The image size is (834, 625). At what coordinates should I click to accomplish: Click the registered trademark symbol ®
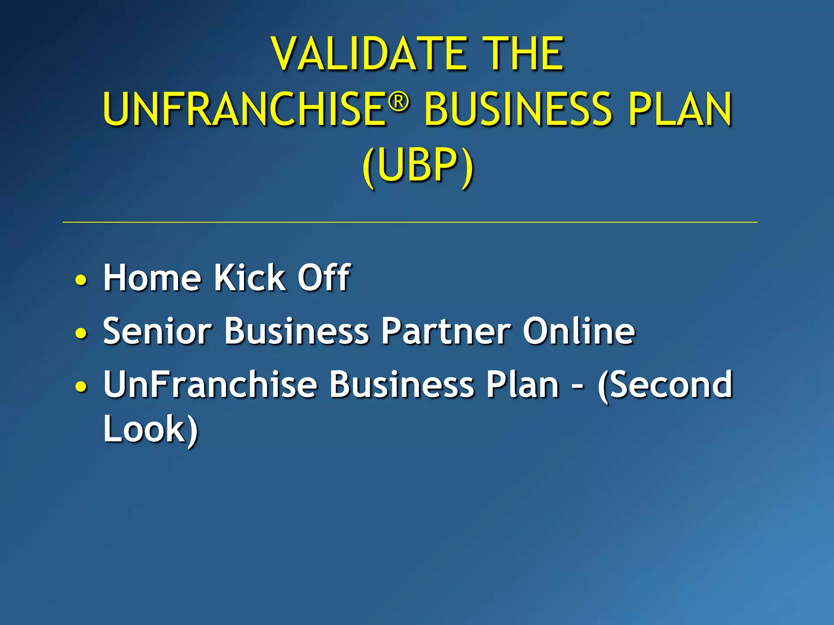[x=398, y=101]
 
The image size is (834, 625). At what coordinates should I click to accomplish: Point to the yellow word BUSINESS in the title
[x=518, y=109]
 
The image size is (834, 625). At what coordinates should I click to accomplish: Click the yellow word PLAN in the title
[x=679, y=109]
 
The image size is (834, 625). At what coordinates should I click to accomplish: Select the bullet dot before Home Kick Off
[x=81, y=280]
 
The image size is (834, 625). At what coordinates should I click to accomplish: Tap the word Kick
[x=250, y=278]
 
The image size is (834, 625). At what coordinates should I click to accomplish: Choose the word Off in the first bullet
[x=324, y=278]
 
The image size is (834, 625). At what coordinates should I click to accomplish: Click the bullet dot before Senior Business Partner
[x=81, y=334]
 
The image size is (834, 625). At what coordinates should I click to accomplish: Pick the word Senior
[x=157, y=331]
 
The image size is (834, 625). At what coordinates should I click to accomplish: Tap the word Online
[x=578, y=331]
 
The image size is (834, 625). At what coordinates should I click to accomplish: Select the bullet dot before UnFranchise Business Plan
[x=81, y=387]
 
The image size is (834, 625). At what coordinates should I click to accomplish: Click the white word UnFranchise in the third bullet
[x=210, y=385]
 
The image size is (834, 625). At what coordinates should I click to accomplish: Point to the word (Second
[x=665, y=385]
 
